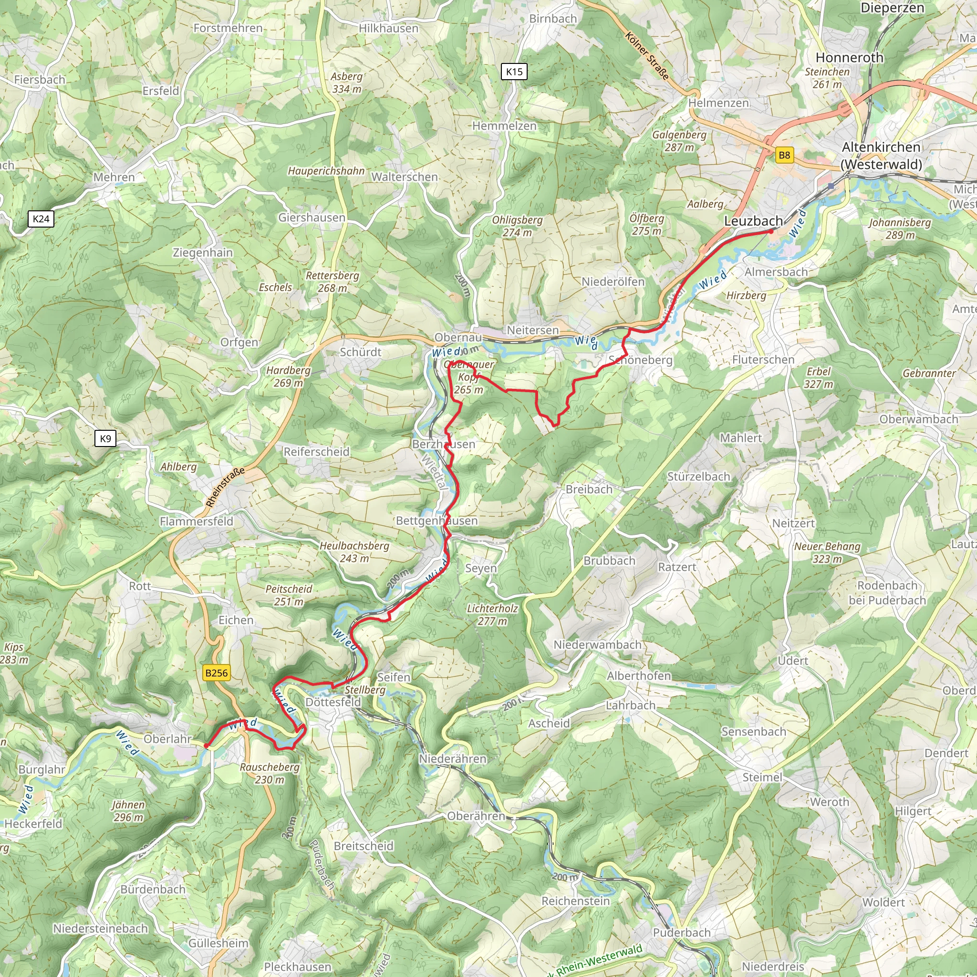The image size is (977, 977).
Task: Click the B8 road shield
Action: [784, 155]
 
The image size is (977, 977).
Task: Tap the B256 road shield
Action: [217, 673]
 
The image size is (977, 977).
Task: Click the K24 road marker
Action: [41, 218]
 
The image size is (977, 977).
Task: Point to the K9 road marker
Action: [105, 438]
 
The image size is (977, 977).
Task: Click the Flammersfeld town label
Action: [196, 521]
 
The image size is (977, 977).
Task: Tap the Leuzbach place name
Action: [753, 221]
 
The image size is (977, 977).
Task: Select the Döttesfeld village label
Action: [333, 702]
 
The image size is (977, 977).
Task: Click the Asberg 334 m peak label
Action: [346, 83]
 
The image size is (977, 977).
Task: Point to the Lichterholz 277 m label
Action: [492, 614]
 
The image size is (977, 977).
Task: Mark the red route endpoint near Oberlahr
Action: [206, 746]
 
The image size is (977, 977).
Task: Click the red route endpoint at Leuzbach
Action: [771, 231]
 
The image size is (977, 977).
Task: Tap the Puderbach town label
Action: [682, 932]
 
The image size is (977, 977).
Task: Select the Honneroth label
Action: [850, 58]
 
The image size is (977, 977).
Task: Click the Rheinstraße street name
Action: [225, 487]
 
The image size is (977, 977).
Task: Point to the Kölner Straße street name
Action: [647, 56]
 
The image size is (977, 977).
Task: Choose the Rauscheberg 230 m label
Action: [270, 773]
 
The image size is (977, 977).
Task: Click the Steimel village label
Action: [762, 777]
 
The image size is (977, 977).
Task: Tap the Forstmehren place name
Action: [228, 28]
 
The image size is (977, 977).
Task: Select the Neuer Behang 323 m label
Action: [827, 552]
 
